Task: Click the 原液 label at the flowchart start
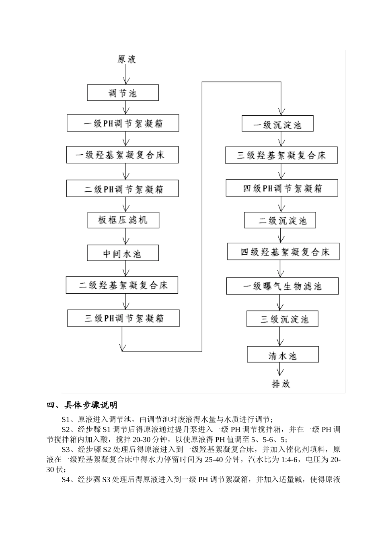(x=126, y=59)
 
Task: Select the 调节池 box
(x=123, y=93)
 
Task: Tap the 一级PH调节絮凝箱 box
(x=123, y=123)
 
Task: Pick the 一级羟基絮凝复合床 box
(x=123, y=155)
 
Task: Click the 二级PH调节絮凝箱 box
(x=123, y=189)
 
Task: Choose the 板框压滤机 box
(x=123, y=220)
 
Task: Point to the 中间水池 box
(x=123, y=254)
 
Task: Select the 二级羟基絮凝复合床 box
(x=122, y=285)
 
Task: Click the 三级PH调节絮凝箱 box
(x=123, y=318)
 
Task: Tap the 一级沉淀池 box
(x=277, y=124)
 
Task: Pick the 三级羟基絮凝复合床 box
(x=281, y=155)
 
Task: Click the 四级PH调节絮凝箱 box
(x=282, y=188)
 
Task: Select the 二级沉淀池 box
(x=280, y=220)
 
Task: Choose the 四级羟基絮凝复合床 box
(x=284, y=252)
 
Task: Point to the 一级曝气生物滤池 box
(x=282, y=286)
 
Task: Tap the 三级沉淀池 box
(x=283, y=319)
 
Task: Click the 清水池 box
(x=282, y=355)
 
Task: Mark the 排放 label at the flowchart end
(x=281, y=384)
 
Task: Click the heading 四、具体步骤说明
(x=82, y=405)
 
